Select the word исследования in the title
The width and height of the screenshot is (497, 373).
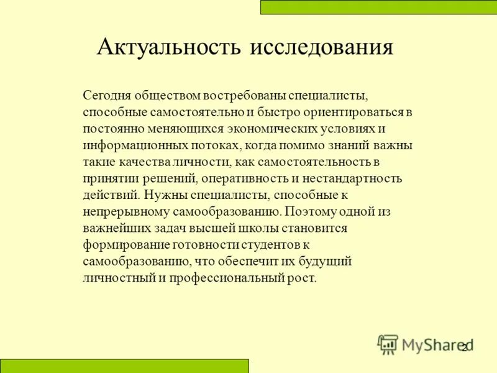click(322, 48)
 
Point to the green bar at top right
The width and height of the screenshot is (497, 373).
click(378, 7)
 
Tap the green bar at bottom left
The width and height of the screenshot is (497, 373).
click(124, 366)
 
